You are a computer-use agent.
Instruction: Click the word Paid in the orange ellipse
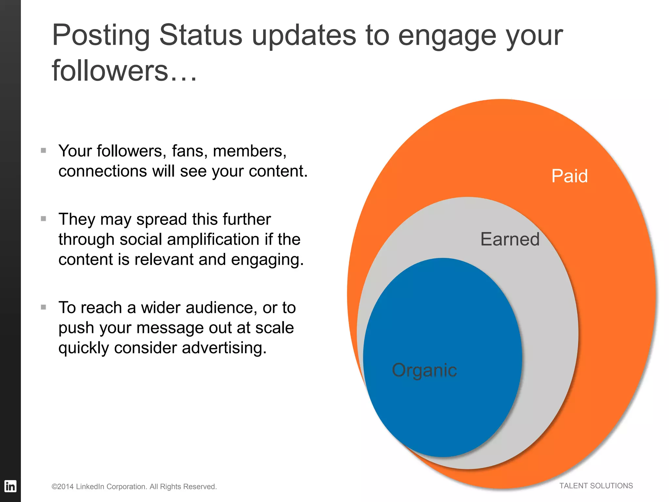[569, 176]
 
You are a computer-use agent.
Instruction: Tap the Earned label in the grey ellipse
[510, 239]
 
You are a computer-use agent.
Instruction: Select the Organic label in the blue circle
[424, 370]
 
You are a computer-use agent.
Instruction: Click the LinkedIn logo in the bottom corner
[10, 486]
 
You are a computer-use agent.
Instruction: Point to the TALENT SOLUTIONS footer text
[596, 486]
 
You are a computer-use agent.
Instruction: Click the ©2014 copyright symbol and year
[63, 487]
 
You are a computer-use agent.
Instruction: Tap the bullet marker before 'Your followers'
[43, 150]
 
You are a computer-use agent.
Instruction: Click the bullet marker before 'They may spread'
[43, 219]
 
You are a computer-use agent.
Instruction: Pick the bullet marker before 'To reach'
[43, 307]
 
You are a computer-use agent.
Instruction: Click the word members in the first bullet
[249, 151]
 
